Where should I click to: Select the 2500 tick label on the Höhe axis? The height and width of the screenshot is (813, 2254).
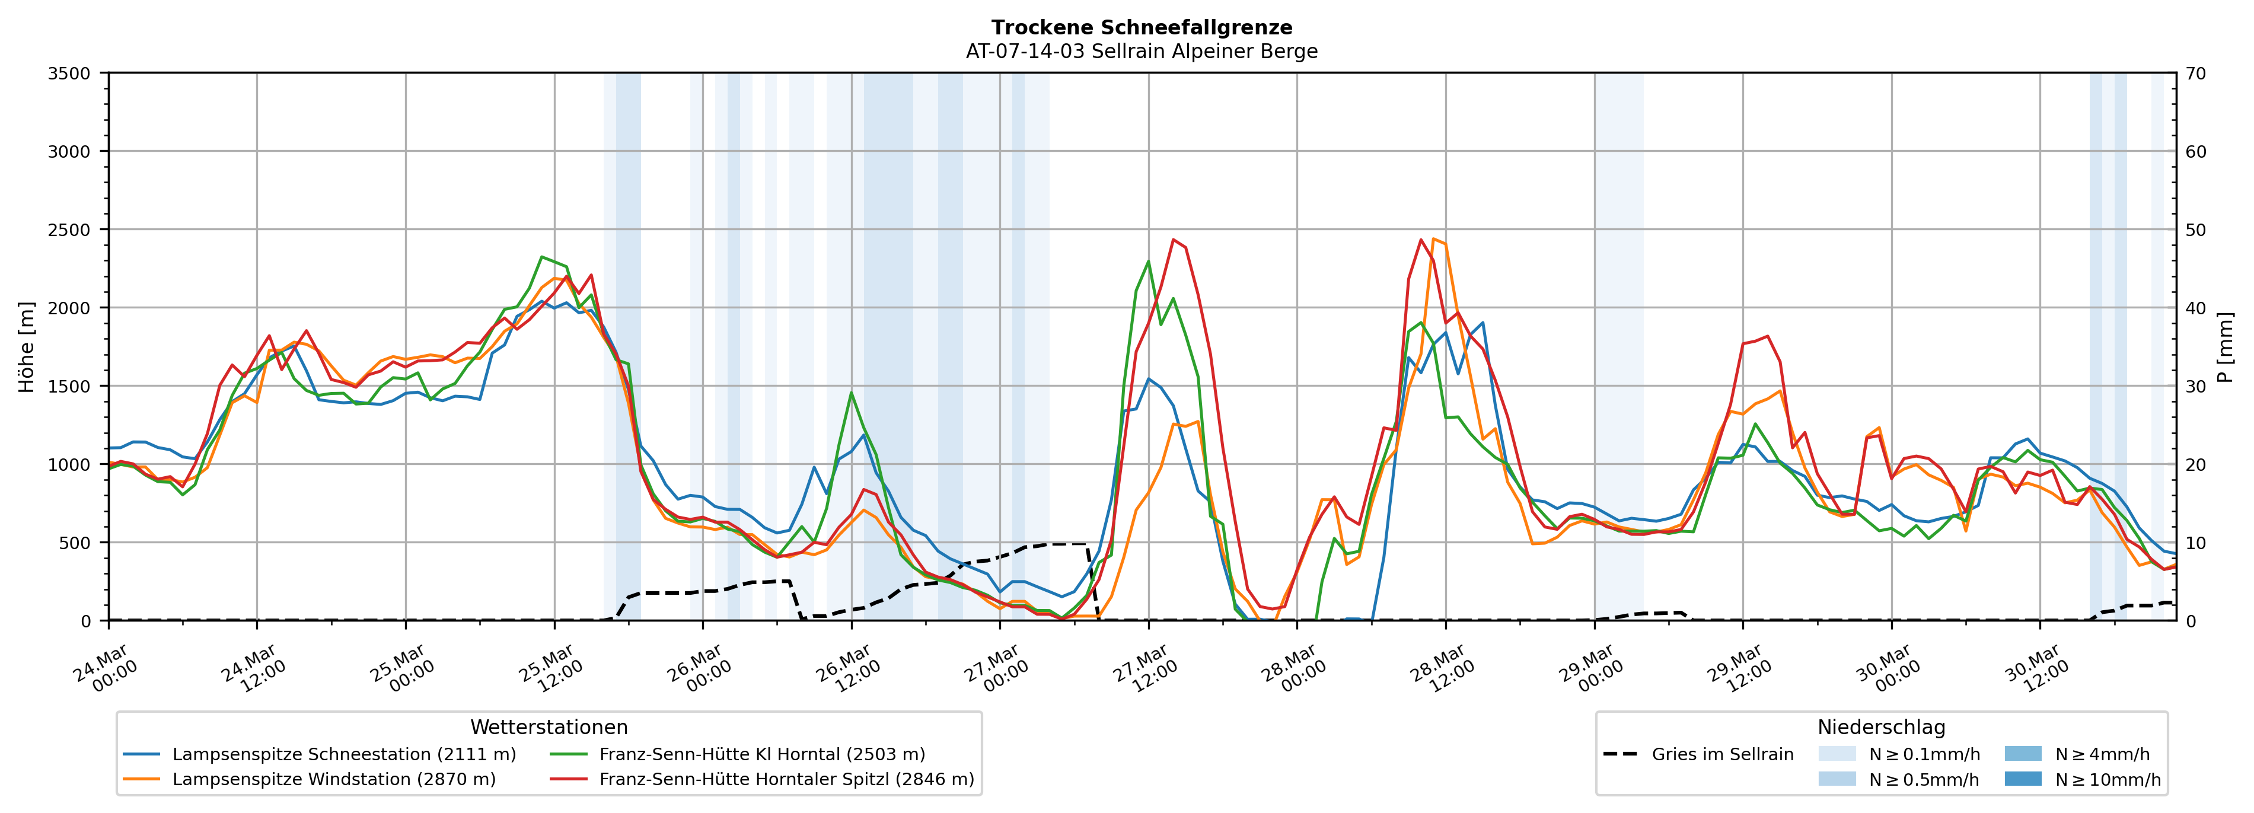coord(69,230)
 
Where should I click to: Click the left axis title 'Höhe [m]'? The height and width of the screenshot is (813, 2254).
coord(27,347)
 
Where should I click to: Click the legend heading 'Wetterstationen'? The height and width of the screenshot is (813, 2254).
coord(549,727)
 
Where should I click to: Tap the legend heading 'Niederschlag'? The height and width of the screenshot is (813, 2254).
coord(1881,727)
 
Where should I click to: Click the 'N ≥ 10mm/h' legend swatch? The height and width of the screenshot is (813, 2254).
coord(2023,779)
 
